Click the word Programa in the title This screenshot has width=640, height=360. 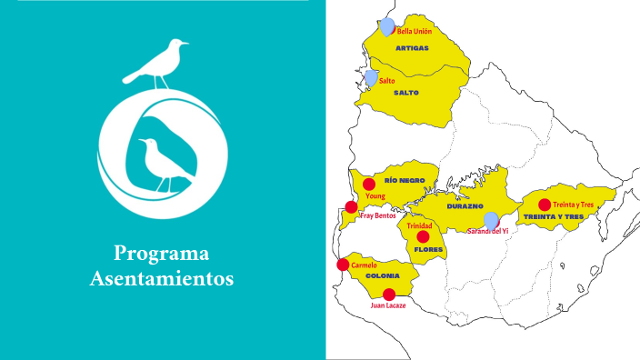pos(162,254)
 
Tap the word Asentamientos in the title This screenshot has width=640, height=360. pos(162,278)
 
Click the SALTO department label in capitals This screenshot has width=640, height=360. pos(406,93)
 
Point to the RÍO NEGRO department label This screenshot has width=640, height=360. pos(405,180)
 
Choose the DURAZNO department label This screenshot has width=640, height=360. pos(465,206)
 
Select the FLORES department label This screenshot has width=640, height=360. pos(427,248)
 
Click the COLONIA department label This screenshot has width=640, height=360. pos(383,275)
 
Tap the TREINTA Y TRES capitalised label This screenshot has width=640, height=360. pos(553,217)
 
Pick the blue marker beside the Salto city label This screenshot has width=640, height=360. pos(371,77)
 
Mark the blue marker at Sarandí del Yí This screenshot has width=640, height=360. pos(491,220)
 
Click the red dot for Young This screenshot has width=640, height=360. pos(369,185)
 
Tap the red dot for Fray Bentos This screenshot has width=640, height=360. pos(351,207)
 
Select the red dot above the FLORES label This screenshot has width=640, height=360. pos(423,236)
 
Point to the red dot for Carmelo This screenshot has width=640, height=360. pos(343,265)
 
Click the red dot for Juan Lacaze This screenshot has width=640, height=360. pos(389,294)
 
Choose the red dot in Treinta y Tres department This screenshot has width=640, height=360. pos(545,205)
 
